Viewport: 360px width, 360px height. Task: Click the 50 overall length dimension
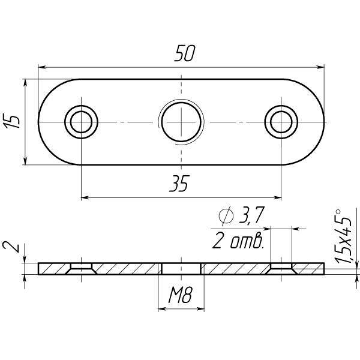[184, 53]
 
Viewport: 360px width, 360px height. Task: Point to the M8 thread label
[180, 295]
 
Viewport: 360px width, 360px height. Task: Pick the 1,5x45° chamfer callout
[343, 236]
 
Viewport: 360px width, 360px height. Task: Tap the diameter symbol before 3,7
[226, 215]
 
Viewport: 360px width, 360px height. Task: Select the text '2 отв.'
[238, 241]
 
